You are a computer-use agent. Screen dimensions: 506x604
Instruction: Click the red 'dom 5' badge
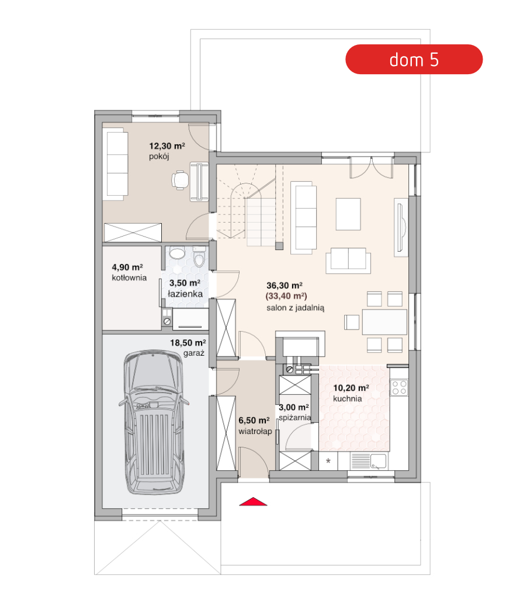[x=414, y=60]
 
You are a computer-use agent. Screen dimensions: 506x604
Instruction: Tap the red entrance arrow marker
[x=253, y=501]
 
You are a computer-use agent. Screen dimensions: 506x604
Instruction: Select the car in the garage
[x=154, y=422]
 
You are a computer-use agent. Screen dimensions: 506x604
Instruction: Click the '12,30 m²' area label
[x=167, y=146]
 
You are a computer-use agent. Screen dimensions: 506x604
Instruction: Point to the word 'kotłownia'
[x=129, y=277]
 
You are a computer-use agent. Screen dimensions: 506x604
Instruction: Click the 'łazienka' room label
[x=185, y=294]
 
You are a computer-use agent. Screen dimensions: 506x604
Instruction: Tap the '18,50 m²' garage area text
[x=188, y=343]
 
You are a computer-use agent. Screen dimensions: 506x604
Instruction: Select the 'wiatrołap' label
[x=255, y=432]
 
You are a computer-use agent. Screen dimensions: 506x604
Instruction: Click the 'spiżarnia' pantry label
[x=295, y=418]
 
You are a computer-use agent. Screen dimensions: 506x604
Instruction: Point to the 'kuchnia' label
[x=347, y=399]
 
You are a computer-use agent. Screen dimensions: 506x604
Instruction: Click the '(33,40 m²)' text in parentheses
[x=286, y=296]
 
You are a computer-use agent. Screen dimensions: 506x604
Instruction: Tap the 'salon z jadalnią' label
[x=295, y=308]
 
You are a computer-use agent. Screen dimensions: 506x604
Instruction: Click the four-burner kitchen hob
[x=399, y=387]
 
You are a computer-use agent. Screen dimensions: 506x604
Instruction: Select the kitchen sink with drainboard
[x=369, y=461]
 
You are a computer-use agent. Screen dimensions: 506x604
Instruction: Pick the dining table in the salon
[x=384, y=322]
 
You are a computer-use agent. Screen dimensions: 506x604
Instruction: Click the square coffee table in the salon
[x=348, y=214]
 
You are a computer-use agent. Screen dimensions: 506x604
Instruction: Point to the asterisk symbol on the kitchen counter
[x=328, y=461]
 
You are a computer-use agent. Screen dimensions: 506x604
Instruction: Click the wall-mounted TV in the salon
[x=401, y=227]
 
